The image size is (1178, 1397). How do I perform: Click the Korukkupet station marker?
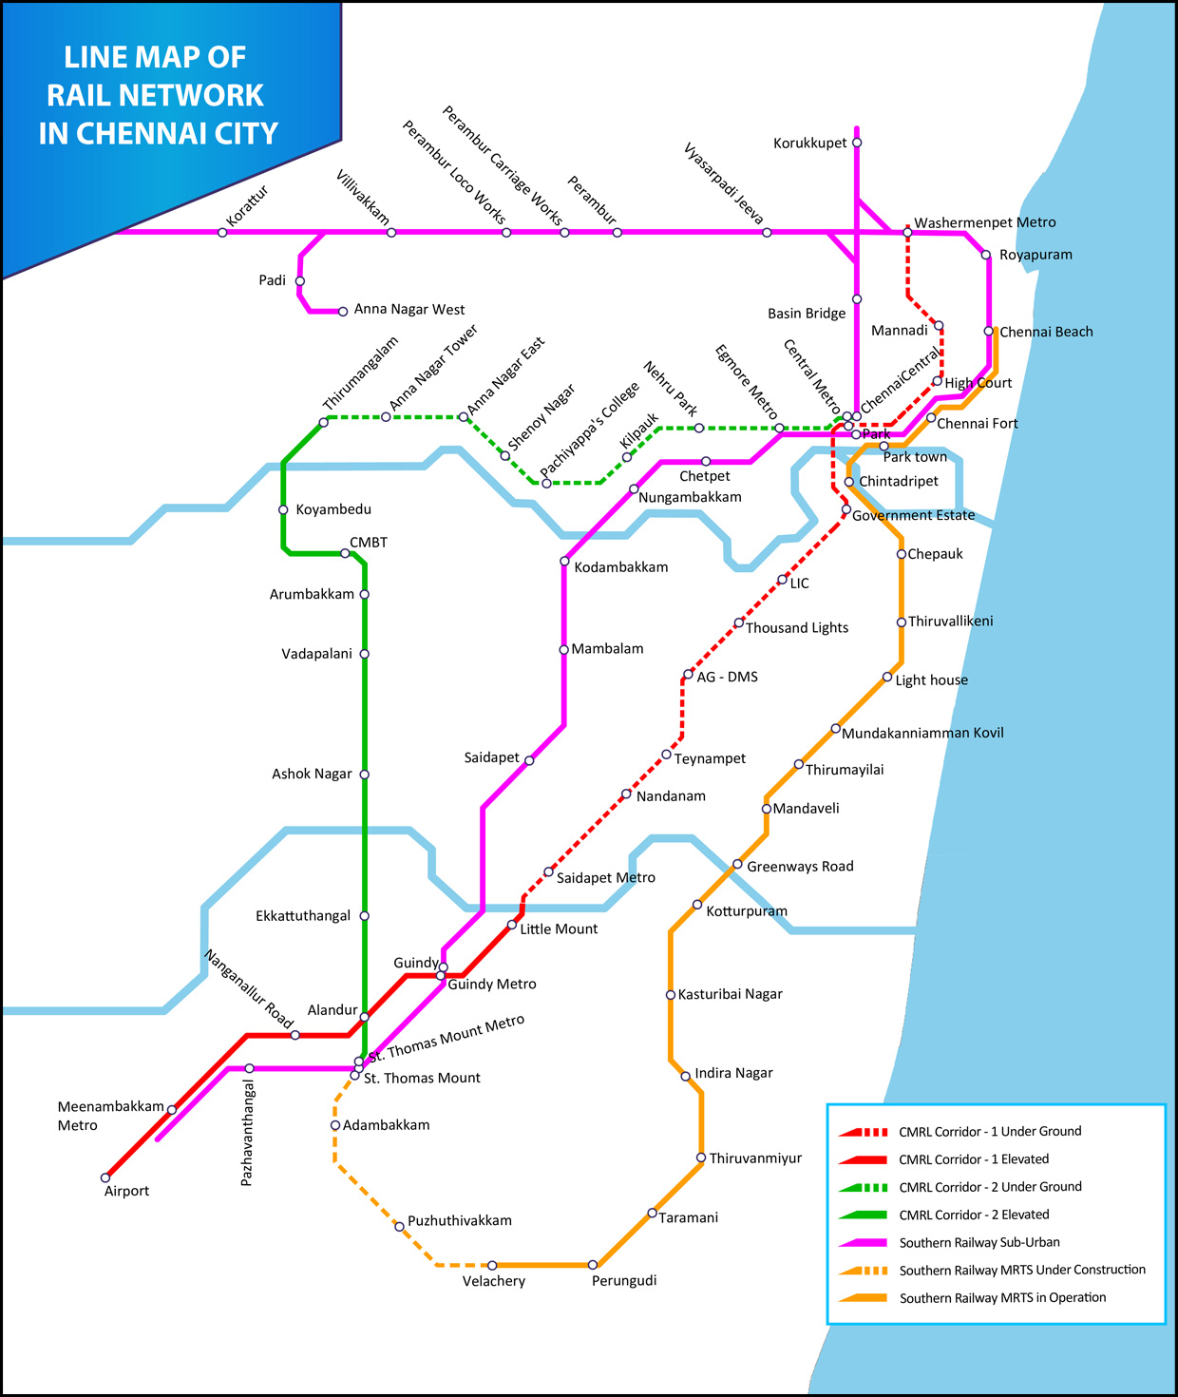click(x=857, y=143)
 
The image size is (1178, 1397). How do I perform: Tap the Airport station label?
click(x=126, y=1191)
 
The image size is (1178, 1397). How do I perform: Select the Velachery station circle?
click(x=492, y=1265)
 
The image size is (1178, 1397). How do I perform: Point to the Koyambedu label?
click(x=333, y=509)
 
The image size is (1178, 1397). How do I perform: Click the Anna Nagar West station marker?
click(x=343, y=312)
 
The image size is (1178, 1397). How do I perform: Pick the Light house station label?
click(x=931, y=680)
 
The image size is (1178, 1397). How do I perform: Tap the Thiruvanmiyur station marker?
click(x=701, y=1158)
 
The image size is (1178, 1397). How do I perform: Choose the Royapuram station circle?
click(x=986, y=255)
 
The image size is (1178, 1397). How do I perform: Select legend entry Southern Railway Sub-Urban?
click(x=979, y=1242)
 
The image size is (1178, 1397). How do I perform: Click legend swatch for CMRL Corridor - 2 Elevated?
click(x=864, y=1215)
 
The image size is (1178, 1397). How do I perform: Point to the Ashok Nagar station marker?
click(x=364, y=775)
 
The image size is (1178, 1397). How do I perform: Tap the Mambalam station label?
click(x=607, y=649)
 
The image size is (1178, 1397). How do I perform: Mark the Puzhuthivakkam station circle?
click(x=399, y=1227)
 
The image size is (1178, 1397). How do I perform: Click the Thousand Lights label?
click(x=796, y=628)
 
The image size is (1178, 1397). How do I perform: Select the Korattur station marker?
click(x=222, y=233)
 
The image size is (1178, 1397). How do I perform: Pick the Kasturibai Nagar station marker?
click(x=671, y=995)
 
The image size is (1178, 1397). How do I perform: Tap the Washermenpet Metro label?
click(x=984, y=222)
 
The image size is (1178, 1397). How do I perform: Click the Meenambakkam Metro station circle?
click(x=172, y=1110)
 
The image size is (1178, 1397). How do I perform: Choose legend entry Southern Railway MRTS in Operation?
click(x=1002, y=1297)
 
